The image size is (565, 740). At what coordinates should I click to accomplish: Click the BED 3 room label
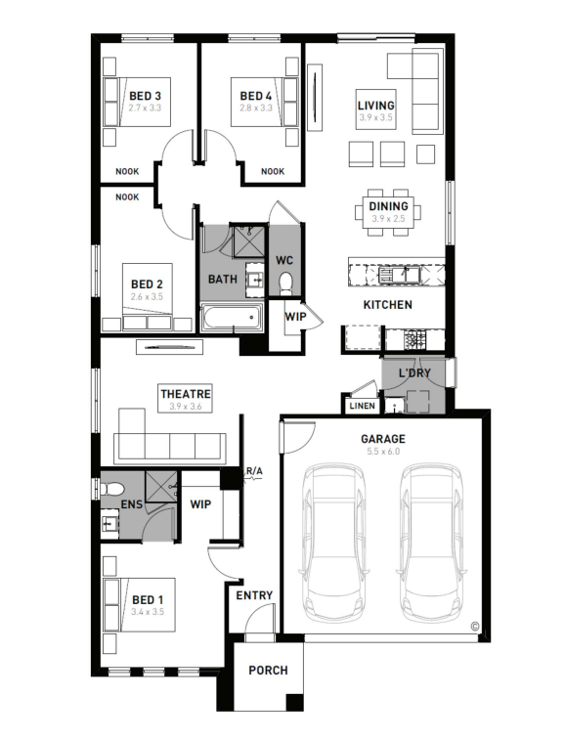145,96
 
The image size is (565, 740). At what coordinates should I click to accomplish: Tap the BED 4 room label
256,96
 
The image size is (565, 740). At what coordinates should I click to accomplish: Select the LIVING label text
375,106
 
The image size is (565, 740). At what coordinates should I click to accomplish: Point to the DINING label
388,206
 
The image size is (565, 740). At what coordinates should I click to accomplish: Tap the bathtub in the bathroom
232,317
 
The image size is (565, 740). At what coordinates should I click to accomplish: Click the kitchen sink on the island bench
399,275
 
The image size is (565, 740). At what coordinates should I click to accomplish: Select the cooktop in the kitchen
414,337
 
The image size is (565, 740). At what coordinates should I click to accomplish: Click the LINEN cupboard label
363,406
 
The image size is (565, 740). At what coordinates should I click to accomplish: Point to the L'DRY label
414,373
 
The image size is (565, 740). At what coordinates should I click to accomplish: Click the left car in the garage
333,543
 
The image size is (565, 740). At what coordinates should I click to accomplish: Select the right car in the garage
431,543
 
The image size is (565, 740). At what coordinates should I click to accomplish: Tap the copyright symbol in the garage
475,627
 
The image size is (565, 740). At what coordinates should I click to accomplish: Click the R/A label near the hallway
254,471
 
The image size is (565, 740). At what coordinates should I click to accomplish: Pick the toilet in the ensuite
111,488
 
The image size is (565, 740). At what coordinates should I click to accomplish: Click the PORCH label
268,671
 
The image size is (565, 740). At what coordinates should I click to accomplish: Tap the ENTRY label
254,595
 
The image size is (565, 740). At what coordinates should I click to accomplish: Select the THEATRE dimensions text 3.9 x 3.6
185,406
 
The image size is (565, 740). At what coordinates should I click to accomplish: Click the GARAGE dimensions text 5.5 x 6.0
383,452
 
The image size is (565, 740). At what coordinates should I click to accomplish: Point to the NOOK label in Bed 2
127,196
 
